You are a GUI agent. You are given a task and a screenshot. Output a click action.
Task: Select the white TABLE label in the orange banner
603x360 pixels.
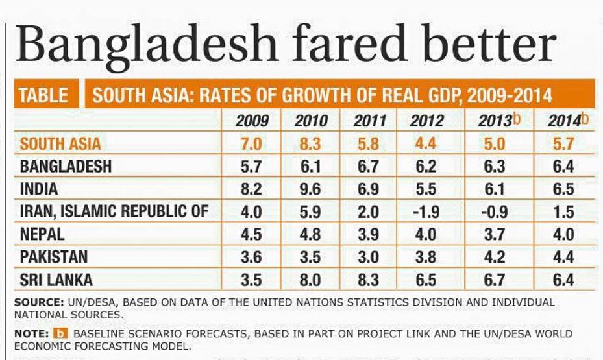44,95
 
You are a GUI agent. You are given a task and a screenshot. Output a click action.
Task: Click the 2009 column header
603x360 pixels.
252,121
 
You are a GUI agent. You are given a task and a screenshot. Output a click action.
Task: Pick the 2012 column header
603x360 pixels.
427,121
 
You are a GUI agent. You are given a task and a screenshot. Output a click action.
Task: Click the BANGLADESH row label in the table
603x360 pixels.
66,166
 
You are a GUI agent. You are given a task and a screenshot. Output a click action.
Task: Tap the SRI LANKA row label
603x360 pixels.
57,280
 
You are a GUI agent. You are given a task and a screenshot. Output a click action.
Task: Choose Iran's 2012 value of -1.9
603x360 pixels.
426,211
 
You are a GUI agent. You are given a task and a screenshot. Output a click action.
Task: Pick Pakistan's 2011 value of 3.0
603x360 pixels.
369,257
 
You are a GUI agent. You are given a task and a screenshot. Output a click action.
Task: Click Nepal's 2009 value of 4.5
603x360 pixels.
251,234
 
